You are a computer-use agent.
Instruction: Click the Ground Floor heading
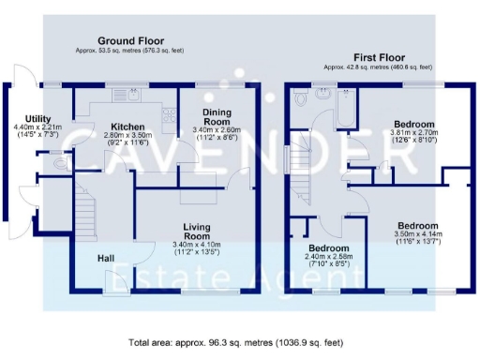point(130,41)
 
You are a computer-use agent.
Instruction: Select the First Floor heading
point(378,56)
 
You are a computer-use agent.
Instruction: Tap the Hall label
point(108,259)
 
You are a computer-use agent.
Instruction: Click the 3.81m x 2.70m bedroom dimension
point(413,139)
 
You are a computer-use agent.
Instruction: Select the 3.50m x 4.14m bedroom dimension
point(417,241)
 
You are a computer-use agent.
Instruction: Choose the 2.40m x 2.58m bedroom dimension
point(327,258)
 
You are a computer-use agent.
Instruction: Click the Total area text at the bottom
point(239,344)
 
